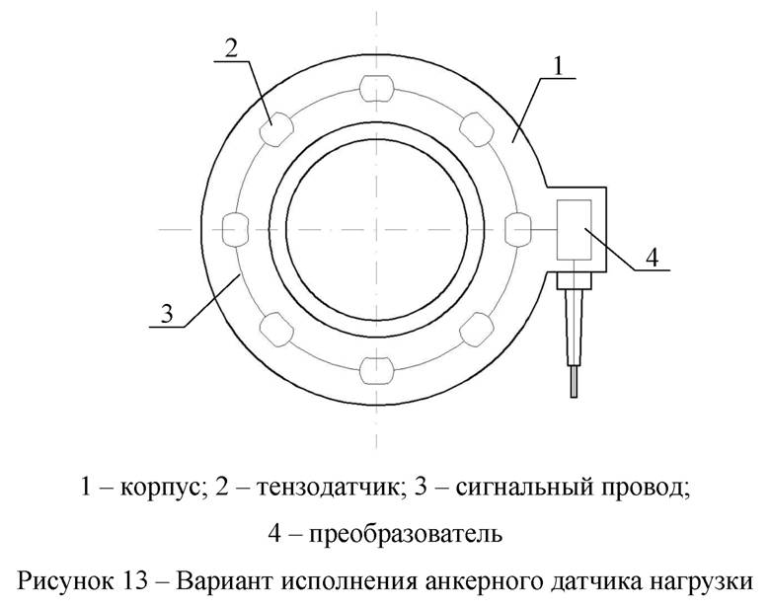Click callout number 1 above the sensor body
tap(558, 66)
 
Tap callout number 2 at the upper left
tap(232, 49)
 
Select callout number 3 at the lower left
tap(167, 314)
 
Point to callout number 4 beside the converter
tap(652, 258)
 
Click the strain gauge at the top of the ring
tap(377, 89)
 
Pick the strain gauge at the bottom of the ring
tap(377, 370)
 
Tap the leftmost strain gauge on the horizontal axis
tap(236, 229)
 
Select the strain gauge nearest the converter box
tap(518, 229)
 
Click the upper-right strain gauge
tap(477, 129)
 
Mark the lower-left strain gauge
tap(276, 329)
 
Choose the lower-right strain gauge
tap(477, 329)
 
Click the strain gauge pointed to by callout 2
tap(276, 129)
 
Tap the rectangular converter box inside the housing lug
tap(574, 229)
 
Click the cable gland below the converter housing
tap(574, 281)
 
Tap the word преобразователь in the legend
tap(406, 534)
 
